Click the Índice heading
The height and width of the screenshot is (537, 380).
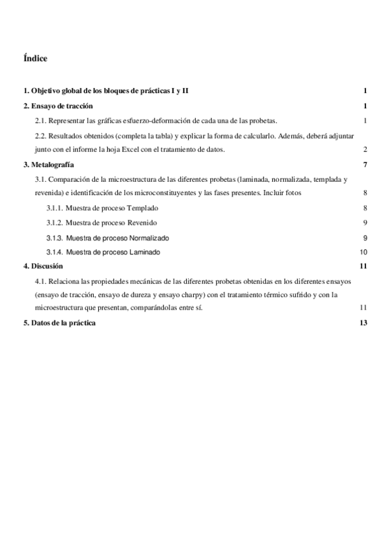point(35,58)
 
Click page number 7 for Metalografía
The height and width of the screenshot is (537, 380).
point(366,165)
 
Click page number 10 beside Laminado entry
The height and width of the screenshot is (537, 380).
point(364,252)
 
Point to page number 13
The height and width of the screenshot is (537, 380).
point(364,323)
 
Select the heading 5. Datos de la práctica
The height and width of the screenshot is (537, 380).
point(60,323)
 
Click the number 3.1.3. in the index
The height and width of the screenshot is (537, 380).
point(55,237)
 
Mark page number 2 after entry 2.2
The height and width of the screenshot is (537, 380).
point(366,149)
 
